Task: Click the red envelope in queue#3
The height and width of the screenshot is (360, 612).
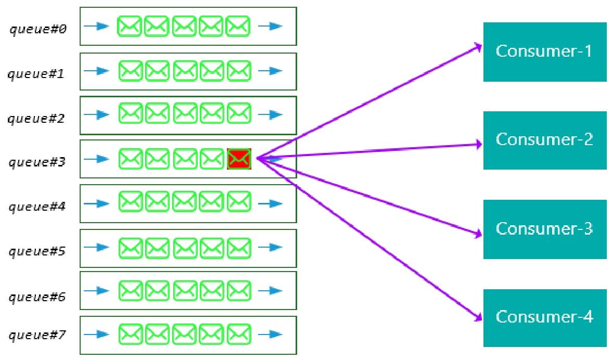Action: coord(239,159)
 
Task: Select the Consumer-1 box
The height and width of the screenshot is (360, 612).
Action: coord(544,52)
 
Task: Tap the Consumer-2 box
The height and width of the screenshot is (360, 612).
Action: coord(544,140)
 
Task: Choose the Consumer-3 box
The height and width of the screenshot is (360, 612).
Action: coord(544,229)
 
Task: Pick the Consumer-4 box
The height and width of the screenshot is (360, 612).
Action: coord(544,317)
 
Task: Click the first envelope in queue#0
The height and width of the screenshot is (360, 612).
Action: coord(129,26)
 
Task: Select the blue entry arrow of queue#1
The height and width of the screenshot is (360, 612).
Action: coord(96,70)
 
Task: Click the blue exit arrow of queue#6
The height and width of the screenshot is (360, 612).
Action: coord(271,289)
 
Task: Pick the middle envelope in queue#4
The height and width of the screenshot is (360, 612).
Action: coord(185,200)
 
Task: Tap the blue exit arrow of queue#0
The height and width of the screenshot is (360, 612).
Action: coord(271,26)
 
